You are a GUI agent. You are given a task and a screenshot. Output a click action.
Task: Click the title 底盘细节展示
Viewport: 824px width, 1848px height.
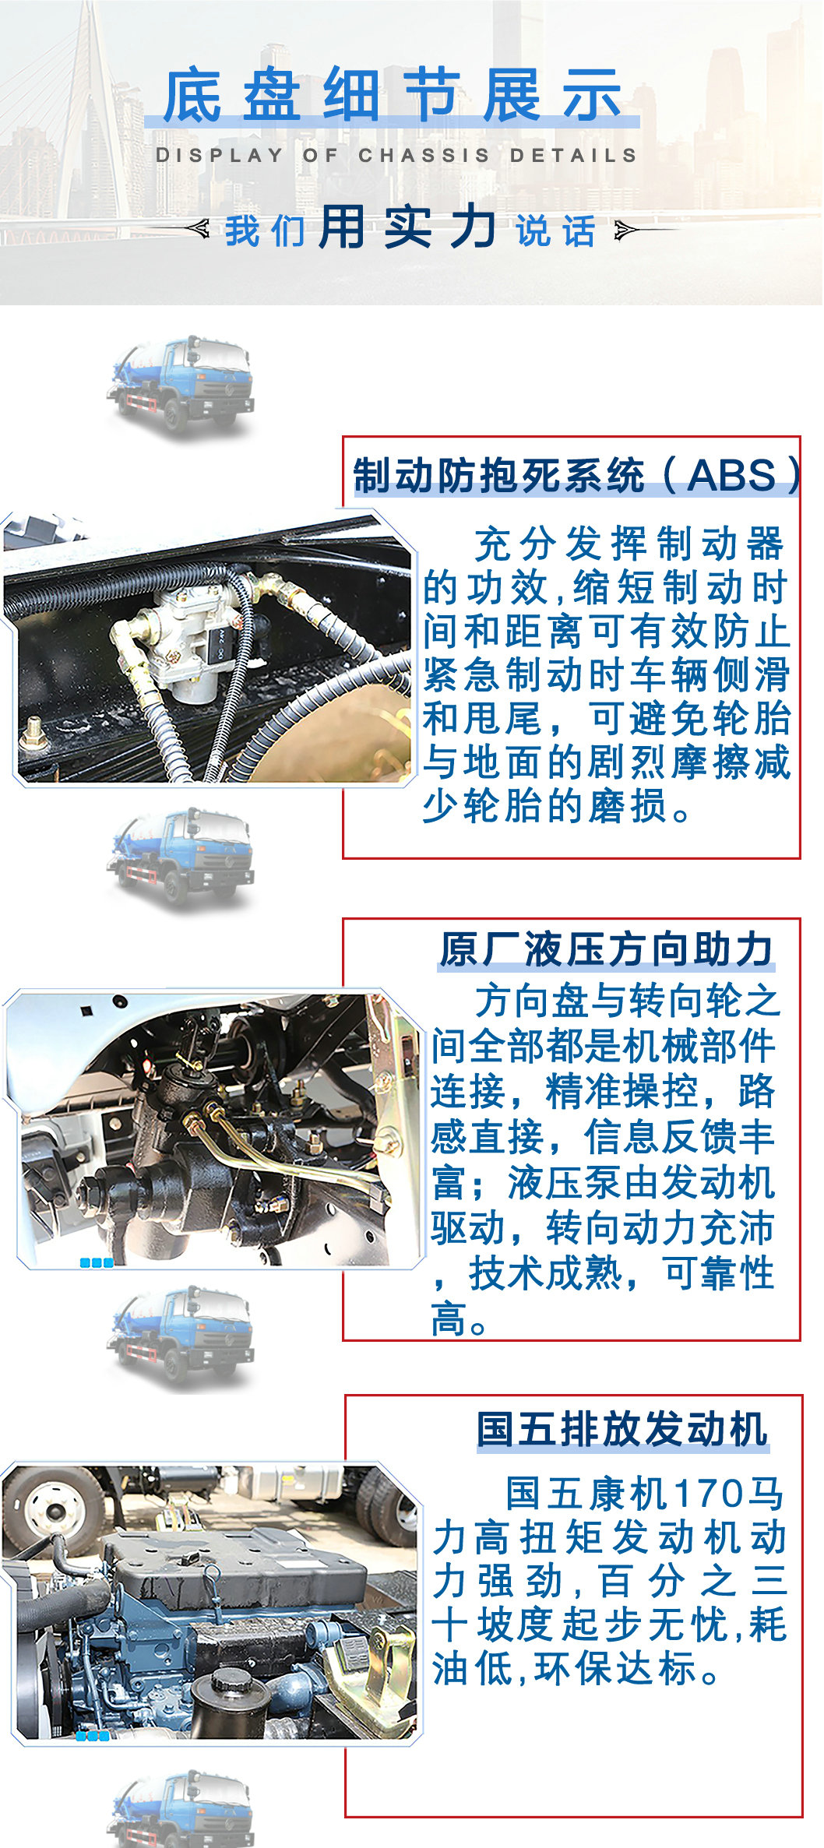[x=392, y=95]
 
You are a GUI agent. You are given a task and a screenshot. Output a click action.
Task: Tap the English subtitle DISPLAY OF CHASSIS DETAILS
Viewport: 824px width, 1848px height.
[x=396, y=155]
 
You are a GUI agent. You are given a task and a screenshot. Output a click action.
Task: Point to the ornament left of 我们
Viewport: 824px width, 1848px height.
[x=198, y=228]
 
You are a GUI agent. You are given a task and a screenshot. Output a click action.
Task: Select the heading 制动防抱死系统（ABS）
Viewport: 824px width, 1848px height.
[x=576, y=475]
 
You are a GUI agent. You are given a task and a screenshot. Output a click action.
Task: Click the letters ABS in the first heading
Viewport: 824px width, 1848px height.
[x=731, y=475]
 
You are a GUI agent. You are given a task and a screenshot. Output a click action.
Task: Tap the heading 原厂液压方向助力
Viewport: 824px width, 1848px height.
[x=606, y=949]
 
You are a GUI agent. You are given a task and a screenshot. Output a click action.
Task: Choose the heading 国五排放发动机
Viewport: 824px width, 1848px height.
[x=622, y=1430]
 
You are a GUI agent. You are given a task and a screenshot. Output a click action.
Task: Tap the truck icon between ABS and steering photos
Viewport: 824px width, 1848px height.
[x=183, y=857]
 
